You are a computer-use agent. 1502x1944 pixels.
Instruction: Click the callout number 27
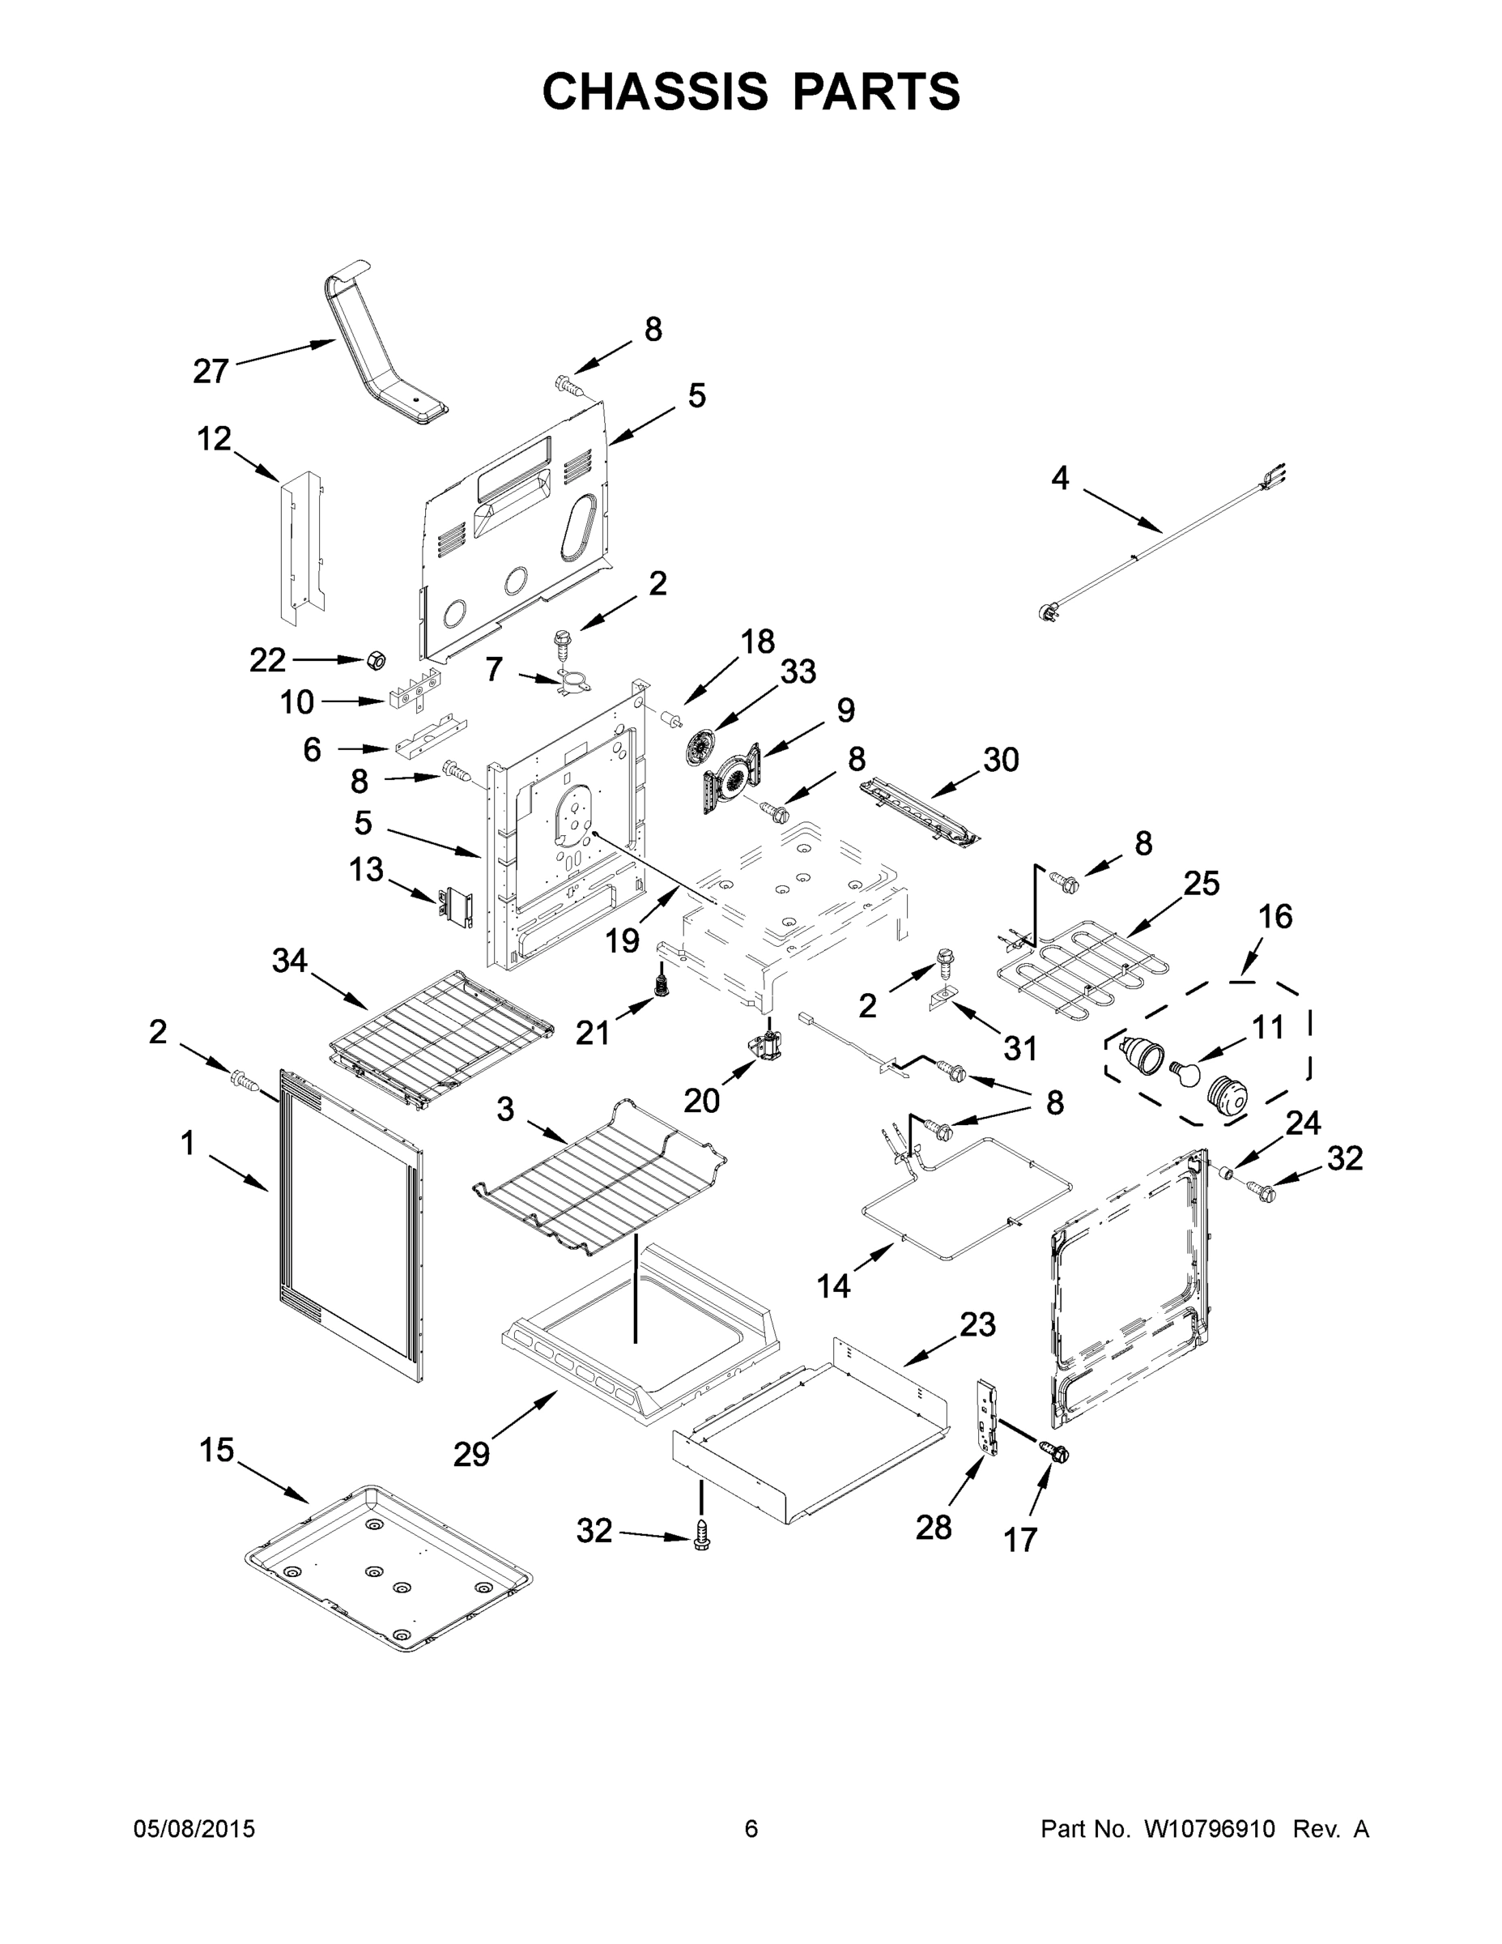coord(211,371)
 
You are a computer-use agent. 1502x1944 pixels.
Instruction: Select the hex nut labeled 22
coord(376,660)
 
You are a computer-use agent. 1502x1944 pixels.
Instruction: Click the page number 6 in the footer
coord(751,1828)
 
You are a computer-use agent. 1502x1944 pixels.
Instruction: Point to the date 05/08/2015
coord(194,1828)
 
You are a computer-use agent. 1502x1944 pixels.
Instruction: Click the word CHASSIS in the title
coord(655,92)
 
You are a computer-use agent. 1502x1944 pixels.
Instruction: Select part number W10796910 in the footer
coord(1209,1828)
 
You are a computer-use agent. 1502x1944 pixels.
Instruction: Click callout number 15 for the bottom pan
coord(216,1450)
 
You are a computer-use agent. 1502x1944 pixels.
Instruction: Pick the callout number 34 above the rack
coord(290,961)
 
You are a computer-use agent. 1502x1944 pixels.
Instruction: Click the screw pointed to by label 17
coord(1058,1454)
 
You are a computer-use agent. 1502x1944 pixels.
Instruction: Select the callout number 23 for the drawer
coord(977,1324)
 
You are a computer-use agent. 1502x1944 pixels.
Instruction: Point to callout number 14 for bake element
coord(834,1285)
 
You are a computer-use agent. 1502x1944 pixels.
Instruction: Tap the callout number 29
coord(471,1455)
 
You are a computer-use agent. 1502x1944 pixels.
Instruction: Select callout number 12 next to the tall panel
coord(214,438)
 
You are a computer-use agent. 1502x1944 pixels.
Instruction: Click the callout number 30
coord(1000,759)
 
